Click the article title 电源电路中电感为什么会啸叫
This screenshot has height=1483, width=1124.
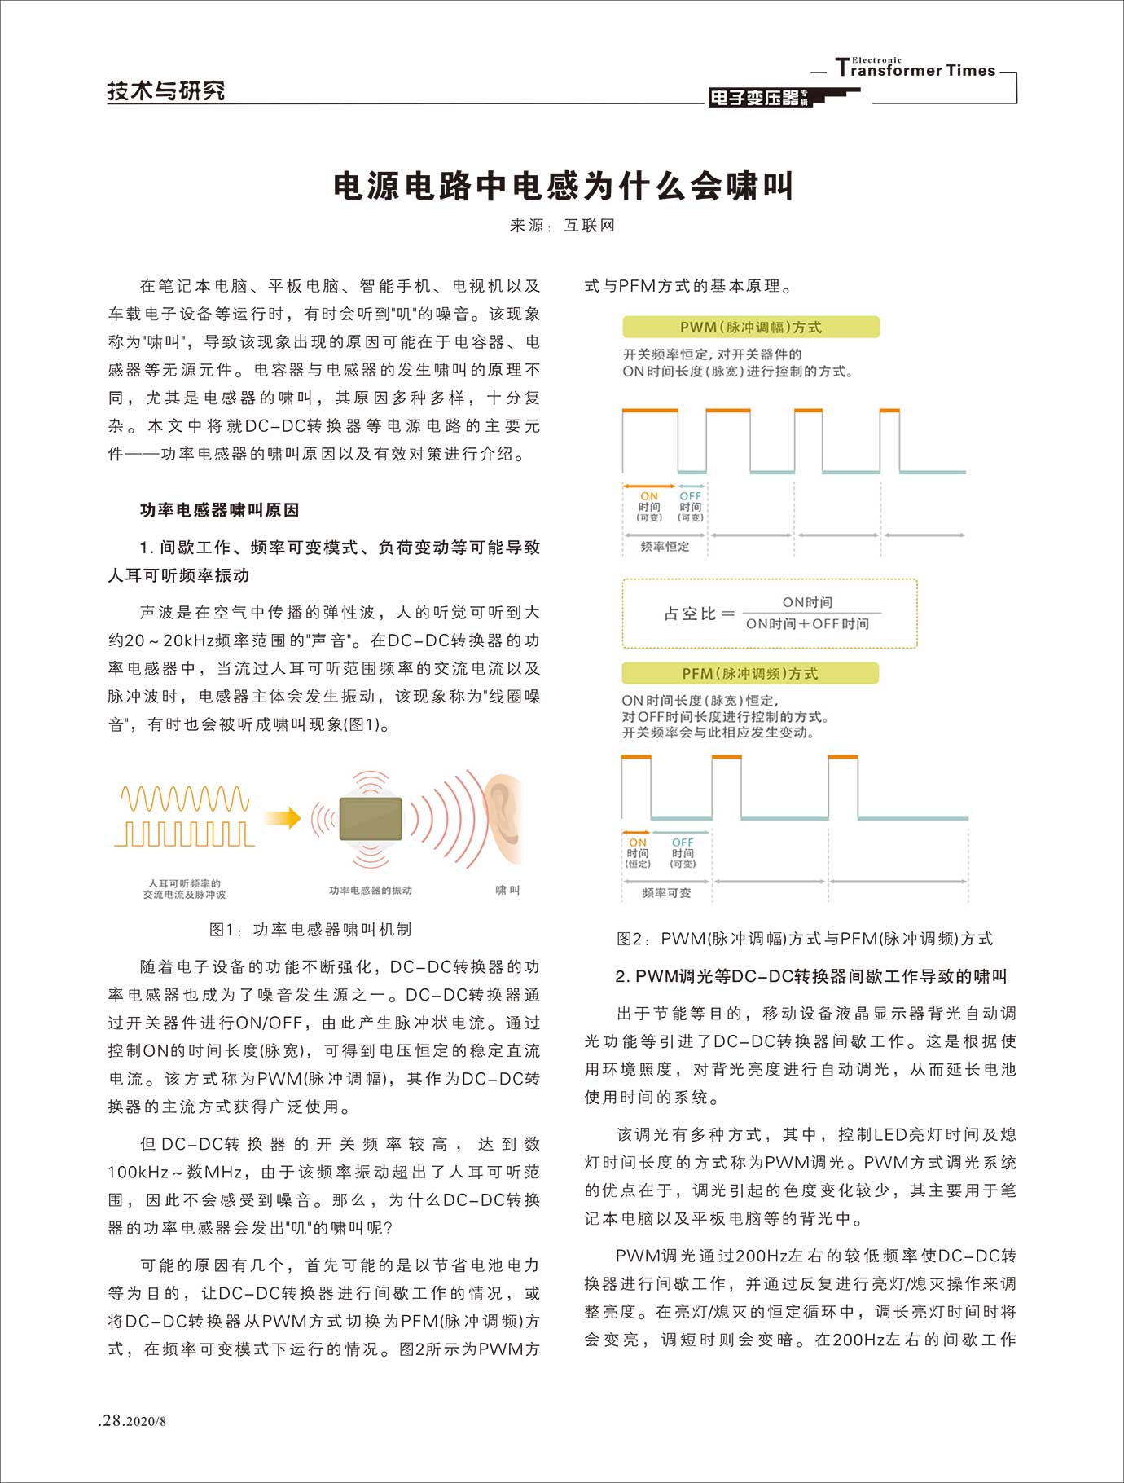point(563,187)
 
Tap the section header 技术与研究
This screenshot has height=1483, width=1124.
point(166,90)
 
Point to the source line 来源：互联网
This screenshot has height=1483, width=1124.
point(562,226)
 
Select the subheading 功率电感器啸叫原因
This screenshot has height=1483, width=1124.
point(219,510)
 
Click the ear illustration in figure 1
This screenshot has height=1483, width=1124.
point(503,818)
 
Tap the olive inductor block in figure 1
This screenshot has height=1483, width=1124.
point(371,818)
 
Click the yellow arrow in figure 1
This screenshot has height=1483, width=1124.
point(283,817)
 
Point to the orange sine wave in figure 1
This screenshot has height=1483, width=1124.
point(185,799)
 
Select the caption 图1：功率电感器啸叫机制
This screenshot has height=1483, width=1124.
point(310,930)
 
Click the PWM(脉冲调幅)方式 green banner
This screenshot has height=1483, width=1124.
point(750,328)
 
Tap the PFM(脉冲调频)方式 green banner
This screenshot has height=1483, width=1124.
point(749,674)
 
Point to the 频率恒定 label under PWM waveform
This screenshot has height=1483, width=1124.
point(665,547)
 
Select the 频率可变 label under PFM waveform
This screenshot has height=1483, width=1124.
point(666,893)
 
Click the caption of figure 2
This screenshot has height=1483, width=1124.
point(804,939)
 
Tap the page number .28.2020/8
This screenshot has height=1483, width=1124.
point(132,1420)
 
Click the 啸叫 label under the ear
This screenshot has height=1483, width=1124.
point(507,890)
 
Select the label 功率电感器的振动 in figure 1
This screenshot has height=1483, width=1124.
point(371,891)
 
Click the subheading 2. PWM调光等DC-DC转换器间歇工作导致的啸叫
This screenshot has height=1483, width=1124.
point(811,976)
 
